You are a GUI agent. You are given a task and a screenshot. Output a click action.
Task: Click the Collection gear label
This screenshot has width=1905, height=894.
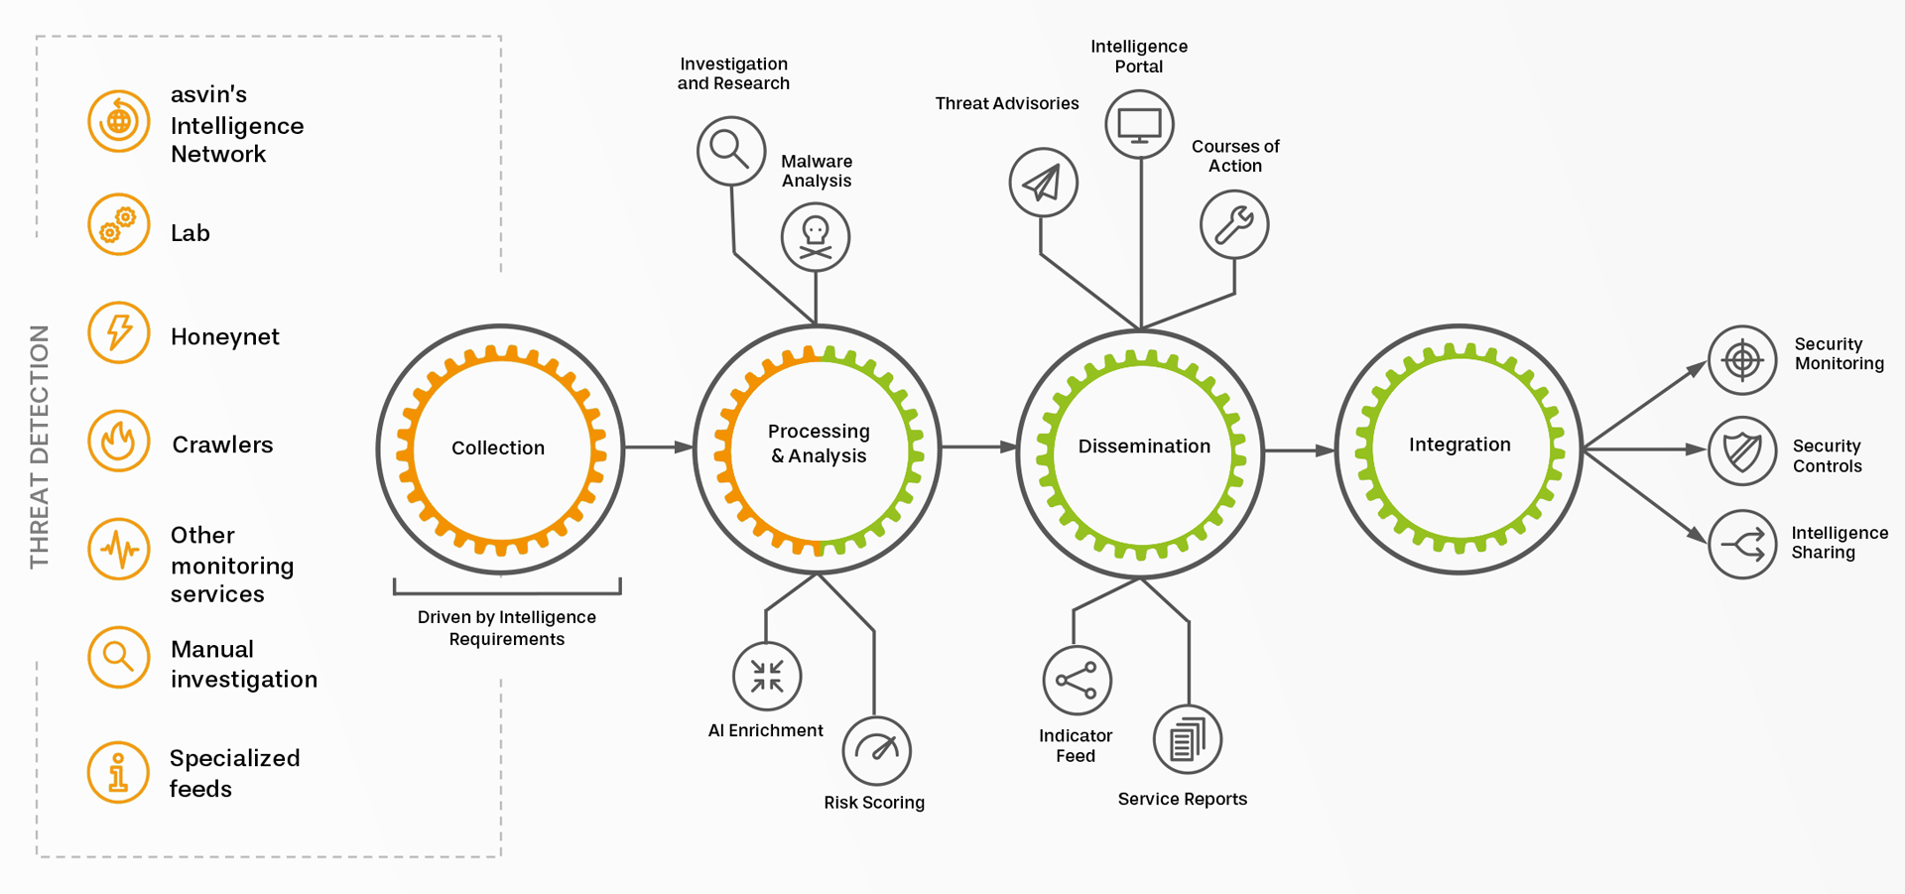tap(498, 447)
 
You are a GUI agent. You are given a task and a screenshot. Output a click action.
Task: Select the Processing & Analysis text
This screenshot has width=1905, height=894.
tap(819, 444)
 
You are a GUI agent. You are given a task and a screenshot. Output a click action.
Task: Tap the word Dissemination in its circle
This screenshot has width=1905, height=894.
tap(1144, 447)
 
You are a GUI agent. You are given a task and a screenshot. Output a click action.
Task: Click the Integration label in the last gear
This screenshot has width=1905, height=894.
tap(1460, 445)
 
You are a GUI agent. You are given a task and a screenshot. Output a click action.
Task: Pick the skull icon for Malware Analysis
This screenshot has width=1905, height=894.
tap(816, 237)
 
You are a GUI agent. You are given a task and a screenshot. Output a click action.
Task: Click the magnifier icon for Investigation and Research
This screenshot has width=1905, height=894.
tap(731, 151)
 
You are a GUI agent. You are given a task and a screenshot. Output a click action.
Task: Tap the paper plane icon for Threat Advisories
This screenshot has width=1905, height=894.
tap(1043, 183)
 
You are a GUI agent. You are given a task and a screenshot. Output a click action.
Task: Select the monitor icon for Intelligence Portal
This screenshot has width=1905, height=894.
tap(1139, 125)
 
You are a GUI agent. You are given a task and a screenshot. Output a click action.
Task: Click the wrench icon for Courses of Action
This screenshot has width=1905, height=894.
tap(1234, 225)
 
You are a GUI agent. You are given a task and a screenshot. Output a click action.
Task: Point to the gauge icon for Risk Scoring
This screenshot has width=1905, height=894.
tap(876, 750)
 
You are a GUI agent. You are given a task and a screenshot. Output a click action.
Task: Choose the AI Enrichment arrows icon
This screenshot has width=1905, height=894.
tap(767, 677)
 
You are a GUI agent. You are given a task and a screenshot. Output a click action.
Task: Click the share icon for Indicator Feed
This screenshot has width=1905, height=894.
tap(1077, 681)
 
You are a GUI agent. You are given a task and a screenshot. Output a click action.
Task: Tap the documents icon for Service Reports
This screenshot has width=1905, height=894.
tap(1187, 740)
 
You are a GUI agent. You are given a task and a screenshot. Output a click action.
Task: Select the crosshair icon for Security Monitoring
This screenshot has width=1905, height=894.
tap(1742, 359)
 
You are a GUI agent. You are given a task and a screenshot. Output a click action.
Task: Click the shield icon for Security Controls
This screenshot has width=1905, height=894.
tap(1742, 451)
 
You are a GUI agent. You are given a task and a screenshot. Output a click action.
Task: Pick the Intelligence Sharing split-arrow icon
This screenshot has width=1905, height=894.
tap(1742, 544)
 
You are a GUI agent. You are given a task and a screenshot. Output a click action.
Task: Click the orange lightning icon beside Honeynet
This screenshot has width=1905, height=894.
tap(119, 332)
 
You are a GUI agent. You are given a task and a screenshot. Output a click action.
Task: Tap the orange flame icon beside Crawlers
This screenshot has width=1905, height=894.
tap(119, 441)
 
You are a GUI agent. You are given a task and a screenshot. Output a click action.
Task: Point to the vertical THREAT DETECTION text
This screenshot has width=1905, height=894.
tap(39, 447)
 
